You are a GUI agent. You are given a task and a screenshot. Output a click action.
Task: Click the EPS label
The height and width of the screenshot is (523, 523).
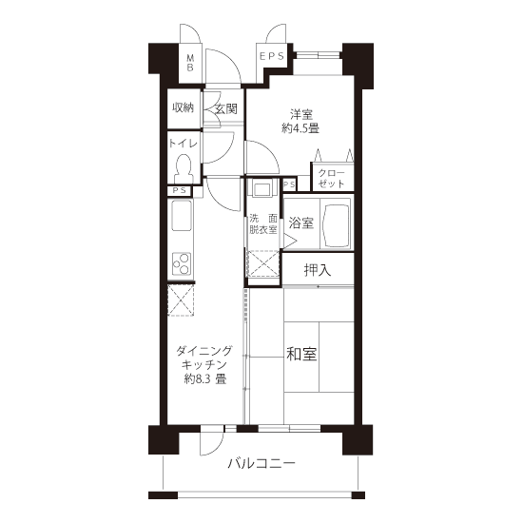tap(272, 56)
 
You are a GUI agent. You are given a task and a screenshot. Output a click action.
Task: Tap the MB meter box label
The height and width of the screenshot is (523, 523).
tap(190, 63)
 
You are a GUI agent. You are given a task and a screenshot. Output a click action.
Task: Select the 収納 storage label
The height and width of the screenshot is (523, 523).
tap(183, 107)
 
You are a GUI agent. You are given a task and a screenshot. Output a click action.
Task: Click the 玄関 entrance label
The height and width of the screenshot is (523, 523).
tap(226, 108)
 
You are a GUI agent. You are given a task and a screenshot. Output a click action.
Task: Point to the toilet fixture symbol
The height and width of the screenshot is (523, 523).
tap(183, 168)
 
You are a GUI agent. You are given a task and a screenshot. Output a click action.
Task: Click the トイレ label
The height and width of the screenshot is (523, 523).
tap(184, 144)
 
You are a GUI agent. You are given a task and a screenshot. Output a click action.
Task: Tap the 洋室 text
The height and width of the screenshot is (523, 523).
tap(301, 115)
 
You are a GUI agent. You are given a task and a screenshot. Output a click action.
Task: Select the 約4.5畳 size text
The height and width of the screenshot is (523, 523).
tap(300, 128)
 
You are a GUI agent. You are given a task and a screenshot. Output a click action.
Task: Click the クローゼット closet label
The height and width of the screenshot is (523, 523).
tap(331, 179)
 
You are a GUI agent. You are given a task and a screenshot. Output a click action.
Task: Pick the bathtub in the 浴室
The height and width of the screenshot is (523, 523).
tap(336, 223)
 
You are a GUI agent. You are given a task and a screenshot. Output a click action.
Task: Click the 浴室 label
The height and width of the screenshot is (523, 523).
tap(301, 223)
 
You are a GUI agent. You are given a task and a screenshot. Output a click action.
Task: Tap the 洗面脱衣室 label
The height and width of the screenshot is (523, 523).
tap(263, 224)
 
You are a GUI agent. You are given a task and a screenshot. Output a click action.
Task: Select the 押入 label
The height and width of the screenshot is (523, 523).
tap(318, 270)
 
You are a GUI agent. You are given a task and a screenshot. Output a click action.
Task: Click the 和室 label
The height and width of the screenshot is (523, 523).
tap(301, 354)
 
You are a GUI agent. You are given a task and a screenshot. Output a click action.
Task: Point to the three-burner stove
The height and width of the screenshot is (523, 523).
tap(182, 263)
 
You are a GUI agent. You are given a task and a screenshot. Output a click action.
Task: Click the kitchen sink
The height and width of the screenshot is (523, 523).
tap(182, 215)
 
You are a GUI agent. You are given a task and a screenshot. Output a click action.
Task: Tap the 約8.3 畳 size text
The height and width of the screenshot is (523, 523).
tap(205, 379)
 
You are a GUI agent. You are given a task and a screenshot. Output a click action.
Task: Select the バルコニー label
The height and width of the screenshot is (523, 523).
tap(261, 464)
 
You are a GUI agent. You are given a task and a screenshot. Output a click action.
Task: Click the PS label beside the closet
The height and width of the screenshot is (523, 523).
tap(289, 184)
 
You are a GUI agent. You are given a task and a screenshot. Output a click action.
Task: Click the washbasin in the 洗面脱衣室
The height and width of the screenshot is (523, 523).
tap(263, 189)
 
